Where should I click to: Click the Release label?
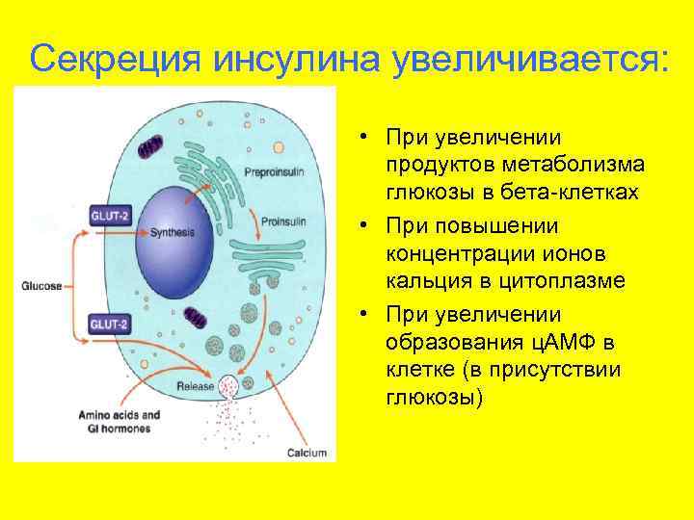195,386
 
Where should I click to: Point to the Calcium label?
307,453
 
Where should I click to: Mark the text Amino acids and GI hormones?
120,423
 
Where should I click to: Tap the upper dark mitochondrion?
151,146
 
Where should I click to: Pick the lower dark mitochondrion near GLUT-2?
198,319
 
